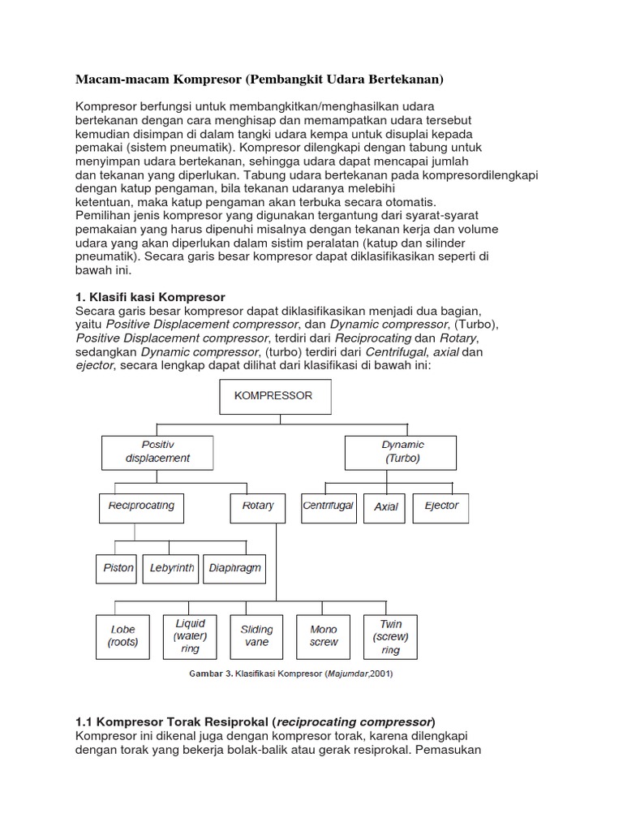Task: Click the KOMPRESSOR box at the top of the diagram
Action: point(273,397)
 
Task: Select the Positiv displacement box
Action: point(157,451)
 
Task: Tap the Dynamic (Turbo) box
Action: point(403,451)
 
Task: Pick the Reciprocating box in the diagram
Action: point(141,506)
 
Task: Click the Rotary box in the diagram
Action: point(257,506)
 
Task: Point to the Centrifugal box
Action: point(328,506)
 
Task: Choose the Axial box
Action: point(385,506)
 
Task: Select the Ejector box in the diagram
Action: point(440,506)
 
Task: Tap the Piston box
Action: point(118,568)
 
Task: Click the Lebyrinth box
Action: point(172,568)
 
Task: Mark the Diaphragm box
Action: point(234,568)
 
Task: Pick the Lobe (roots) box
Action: point(123,635)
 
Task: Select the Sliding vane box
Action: point(257,635)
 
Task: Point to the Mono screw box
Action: point(324,635)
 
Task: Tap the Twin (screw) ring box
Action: point(390,635)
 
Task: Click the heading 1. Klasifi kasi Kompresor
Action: point(150,297)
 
